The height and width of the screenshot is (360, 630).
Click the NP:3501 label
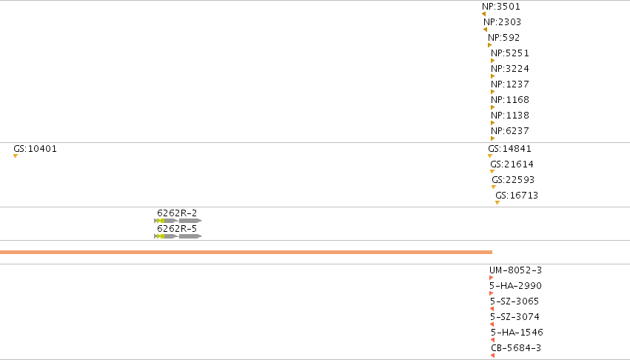click(x=501, y=7)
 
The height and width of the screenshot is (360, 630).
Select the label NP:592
click(x=504, y=38)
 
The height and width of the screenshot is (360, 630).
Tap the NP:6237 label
click(x=510, y=130)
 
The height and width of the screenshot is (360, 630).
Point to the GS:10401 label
click(x=35, y=148)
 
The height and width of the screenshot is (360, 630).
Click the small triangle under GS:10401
click(x=16, y=156)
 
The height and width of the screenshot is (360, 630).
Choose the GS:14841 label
click(x=509, y=148)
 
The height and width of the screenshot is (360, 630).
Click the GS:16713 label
click(x=517, y=195)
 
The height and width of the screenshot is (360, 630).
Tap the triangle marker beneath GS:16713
click(x=497, y=203)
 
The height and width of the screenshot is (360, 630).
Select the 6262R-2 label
click(x=177, y=213)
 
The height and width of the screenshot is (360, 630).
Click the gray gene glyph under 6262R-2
click(x=178, y=221)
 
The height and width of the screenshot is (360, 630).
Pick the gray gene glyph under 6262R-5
click(x=178, y=236)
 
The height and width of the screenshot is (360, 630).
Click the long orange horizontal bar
click(x=246, y=252)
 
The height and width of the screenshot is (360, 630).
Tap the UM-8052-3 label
click(x=515, y=270)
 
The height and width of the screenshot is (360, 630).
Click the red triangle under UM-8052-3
click(x=491, y=278)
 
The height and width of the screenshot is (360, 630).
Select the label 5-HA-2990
click(x=515, y=286)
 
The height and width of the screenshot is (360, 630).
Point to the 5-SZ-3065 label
click(x=515, y=301)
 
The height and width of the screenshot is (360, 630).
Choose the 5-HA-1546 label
click(x=517, y=333)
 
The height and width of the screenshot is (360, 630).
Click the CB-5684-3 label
click(x=516, y=347)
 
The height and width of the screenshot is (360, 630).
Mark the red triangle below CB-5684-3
click(x=492, y=356)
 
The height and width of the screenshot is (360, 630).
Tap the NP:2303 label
click(x=502, y=21)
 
